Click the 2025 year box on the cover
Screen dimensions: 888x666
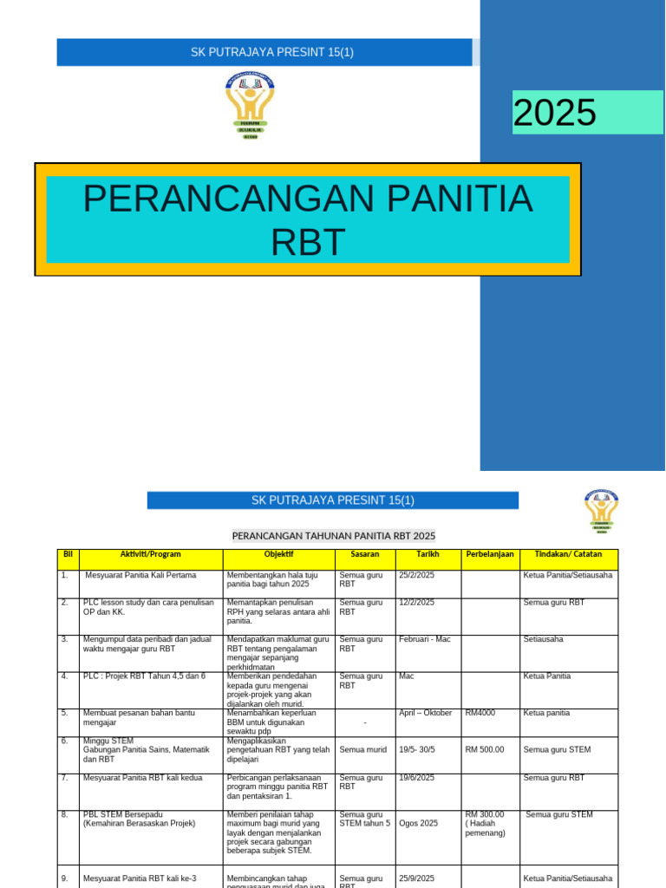coord(587,113)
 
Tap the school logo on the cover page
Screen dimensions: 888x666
coord(249,107)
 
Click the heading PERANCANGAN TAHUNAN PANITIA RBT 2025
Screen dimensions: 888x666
coord(334,536)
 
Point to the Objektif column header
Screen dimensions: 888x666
coord(278,554)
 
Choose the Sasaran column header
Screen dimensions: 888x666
coord(365,554)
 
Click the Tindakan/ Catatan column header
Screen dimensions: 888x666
coord(568,554)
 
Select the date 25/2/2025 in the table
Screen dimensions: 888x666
coord(417,575)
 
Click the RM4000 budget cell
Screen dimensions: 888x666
coord(480,713)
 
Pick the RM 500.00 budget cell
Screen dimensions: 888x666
coord(486,749)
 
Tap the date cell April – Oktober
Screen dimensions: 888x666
coord(426,713)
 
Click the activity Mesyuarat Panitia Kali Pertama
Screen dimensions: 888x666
coord(140,575)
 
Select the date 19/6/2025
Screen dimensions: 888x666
coord(417,779)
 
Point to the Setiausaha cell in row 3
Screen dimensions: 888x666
coord(544,639)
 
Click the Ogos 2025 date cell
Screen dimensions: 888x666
coord(419,824)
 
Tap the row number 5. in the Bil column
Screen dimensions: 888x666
coord(65,713)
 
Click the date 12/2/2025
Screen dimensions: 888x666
coord(417,602)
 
